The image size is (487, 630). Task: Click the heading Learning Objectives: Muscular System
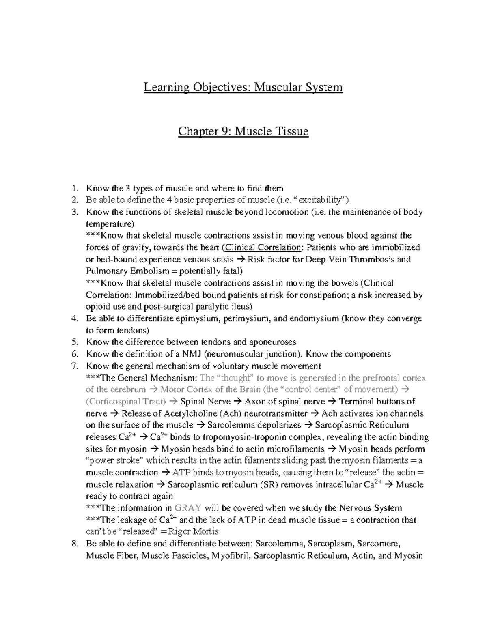[243, 87]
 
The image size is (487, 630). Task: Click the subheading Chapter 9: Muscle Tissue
[243, 131]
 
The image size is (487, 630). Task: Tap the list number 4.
[74, 319]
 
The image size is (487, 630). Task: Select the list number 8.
[74, 544]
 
